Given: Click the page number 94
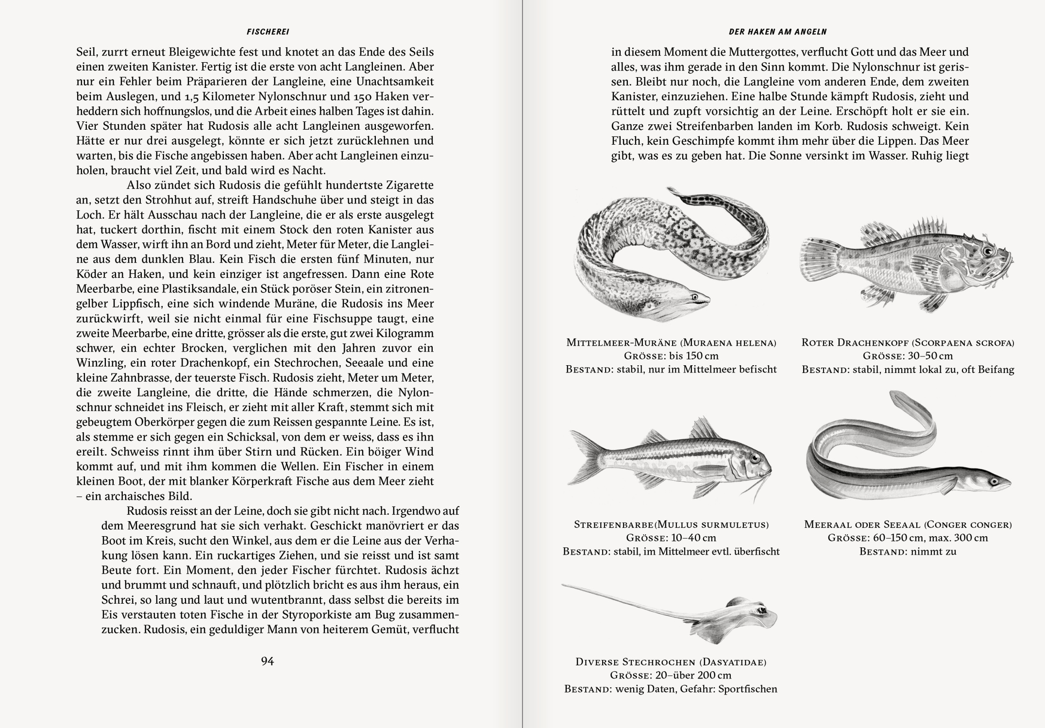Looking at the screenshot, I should tap(268, 661).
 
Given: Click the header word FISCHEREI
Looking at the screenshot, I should tap(268, 32).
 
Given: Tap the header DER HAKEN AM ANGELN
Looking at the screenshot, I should tap(777, 32).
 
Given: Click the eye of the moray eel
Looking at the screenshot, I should tap(695, 296).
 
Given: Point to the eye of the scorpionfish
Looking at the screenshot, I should tap(987, 251).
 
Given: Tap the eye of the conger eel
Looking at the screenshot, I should tap(994, 481).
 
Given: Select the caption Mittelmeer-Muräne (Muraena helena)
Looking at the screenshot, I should tap(671, 342).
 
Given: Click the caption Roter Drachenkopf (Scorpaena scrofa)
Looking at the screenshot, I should tap(908, 342).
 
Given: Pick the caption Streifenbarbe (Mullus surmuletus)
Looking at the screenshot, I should tap(671, 525).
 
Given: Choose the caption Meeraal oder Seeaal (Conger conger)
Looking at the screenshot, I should tap(908, 525).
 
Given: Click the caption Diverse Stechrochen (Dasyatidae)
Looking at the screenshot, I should tap(671, 662).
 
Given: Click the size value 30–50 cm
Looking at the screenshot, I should tap(930, 356).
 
